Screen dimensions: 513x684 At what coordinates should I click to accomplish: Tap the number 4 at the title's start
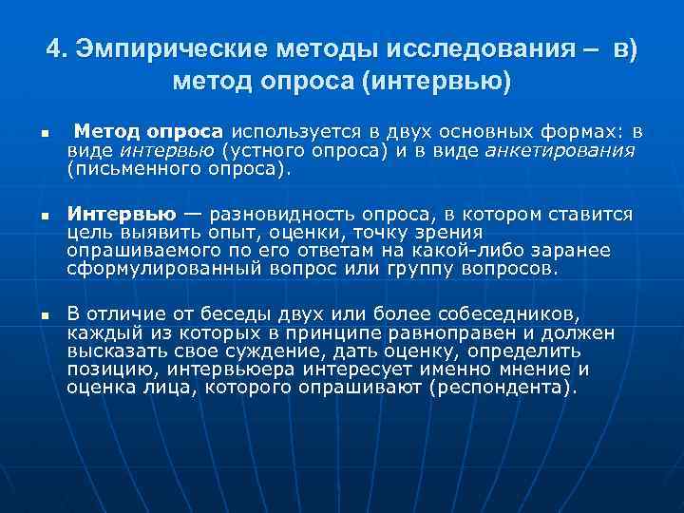[53, 48]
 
